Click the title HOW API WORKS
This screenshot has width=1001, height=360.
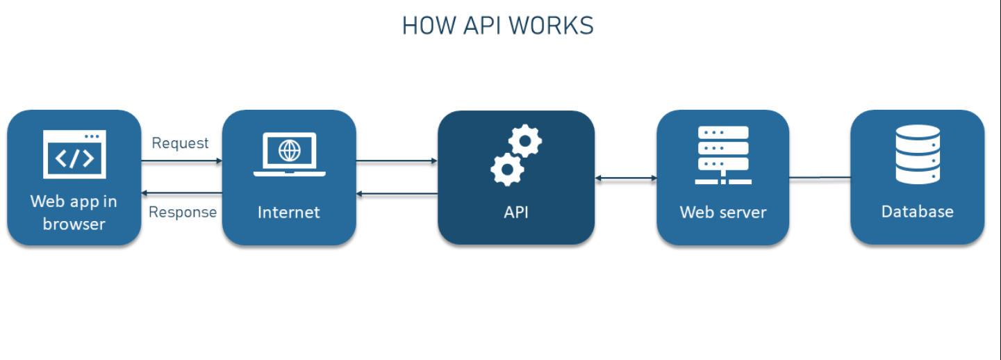[497, 26]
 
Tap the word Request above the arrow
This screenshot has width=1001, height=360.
[180, 143]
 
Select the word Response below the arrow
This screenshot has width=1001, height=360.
[182, 212]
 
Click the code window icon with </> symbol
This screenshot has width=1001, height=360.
[74, 154]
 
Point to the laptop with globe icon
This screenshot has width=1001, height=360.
[289, 154]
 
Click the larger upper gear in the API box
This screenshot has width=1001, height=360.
[525, 141]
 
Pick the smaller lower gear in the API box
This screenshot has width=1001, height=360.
[507, 169]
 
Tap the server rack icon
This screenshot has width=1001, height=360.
[722, 155]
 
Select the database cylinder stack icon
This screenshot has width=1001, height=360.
[917, 154]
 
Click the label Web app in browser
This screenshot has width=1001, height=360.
[74, 213]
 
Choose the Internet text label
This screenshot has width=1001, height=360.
[289, 212]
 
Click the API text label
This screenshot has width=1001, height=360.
[516, 212]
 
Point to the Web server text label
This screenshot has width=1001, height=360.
[722, 212]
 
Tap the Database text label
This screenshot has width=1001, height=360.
[917, 211]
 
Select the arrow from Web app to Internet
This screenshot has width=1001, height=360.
[181, 161]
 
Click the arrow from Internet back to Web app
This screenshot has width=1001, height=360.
[181, 193]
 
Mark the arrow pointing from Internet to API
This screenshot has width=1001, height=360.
[397, 161]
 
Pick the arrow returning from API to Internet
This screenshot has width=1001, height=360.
[397, 193]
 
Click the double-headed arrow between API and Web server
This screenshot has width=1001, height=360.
[625, 179]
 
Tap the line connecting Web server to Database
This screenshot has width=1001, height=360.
[820, 178]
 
